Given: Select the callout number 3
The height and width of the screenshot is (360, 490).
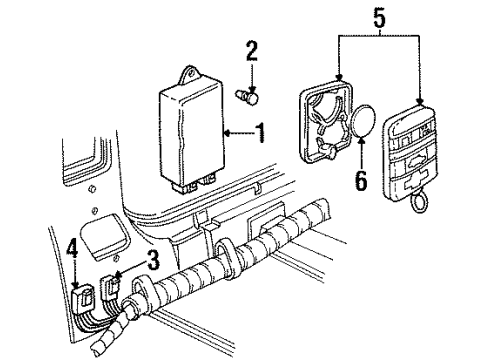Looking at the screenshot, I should pos(153,262).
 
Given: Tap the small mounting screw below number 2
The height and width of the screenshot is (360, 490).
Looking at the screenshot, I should pos(245,96).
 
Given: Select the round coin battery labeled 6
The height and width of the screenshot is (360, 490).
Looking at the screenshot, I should pos(366,129).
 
